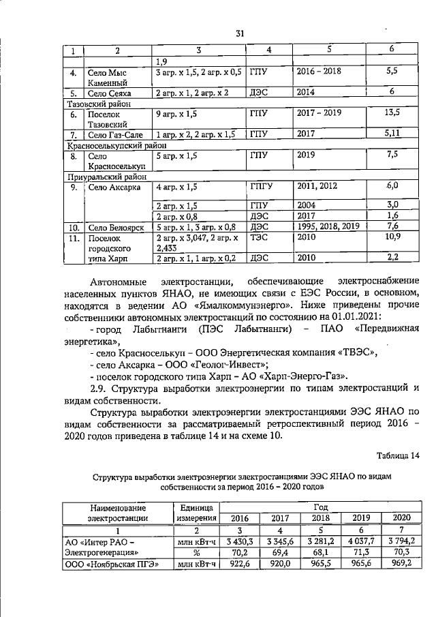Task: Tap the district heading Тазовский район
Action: (x=98, y=104)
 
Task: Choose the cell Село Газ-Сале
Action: (x=114, y=135)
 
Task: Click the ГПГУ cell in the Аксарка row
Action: (x=262, y=186)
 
